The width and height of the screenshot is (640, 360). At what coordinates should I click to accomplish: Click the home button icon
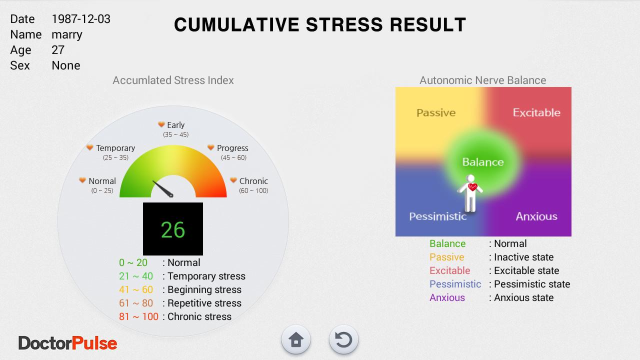(x=295, y=339)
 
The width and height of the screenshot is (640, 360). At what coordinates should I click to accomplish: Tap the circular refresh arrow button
(x=343, y=339)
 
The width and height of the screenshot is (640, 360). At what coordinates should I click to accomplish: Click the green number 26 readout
(x=173, y=229)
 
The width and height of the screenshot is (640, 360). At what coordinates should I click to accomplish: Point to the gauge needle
(x=163, y=189)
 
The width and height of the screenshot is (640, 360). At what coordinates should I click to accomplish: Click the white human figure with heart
(x=470, y=193)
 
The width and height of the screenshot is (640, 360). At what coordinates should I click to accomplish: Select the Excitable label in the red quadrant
(x=536, y=112)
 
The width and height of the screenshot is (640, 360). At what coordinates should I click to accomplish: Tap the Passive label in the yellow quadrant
(x=436, y=113)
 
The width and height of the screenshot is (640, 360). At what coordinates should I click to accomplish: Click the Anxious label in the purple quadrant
(x=536, y=216)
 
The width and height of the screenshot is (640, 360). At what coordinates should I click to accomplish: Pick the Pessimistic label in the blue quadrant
(x=437, y=216)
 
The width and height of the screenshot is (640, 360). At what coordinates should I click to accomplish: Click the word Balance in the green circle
(x=483, y=162)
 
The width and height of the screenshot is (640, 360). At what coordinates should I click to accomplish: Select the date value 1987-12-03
(x=81, y=19)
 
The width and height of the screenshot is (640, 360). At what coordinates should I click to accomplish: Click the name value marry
(x=67, y=35)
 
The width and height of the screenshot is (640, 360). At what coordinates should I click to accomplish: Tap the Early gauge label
(x=175, y=125)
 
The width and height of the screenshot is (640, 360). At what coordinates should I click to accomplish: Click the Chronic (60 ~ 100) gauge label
(x=253, y=185)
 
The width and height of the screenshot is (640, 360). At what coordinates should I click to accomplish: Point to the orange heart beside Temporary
(x=89, y=147)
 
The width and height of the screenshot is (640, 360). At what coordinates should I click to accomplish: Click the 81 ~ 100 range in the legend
(x=138, y=316)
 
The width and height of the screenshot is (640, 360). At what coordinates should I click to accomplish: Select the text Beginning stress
(x=204, y=289)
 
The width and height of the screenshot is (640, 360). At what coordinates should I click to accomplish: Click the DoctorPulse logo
(x=67, y=343)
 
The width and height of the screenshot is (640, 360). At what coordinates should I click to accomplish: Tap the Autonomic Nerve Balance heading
(x=482, y=80)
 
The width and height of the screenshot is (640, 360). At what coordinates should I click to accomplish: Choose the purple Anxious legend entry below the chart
(x=447, y=297)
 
